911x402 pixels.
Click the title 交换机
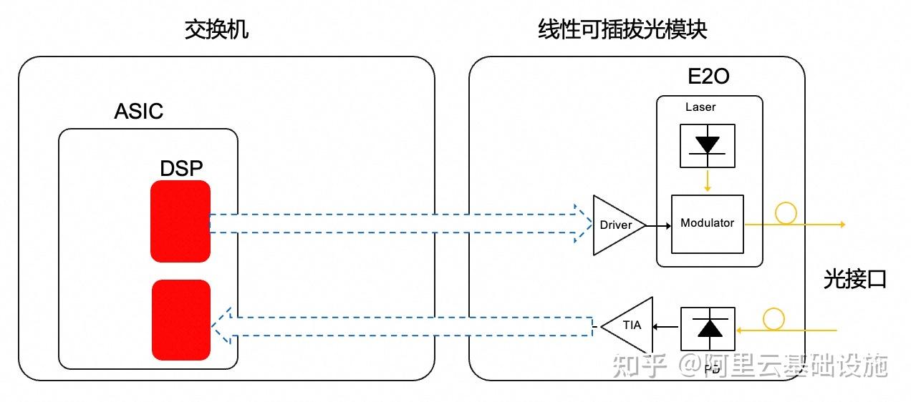[x=216, y=29]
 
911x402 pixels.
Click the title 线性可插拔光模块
[x=622, y=29]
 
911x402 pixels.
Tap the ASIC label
[x=139, y=112]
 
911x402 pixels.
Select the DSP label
[x=181, y=168]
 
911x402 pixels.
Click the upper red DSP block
[x=180, y=221]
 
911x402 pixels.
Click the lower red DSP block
[x=181, y=320]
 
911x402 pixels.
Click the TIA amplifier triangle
[x=630, y=325]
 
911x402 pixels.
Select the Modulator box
[x=707, y=223]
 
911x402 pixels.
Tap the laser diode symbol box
[x=708, y=145]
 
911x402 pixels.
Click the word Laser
[x=700, y=107]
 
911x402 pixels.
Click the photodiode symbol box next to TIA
[x=709, y=328]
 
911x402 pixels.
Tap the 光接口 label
[x=855, y=280]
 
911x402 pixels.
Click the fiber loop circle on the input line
[x=773, y=319]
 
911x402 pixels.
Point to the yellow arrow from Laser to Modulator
[x=708, y=181]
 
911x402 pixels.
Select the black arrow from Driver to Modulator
[x=657, y=225]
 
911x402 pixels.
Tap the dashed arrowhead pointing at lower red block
[x=221, y=325]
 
